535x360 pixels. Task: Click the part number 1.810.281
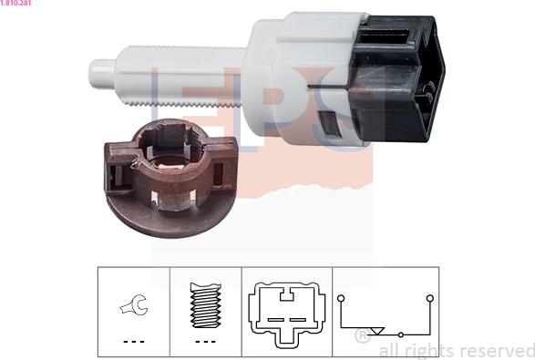pyautogui.click(x=15, y=3)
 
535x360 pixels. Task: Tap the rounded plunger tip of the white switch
pyautogui.click(x=102, y=74)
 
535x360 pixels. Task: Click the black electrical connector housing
pyautogui.click(x=398, y=78)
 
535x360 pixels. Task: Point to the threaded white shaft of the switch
pyautogui.click(x=180, y=75)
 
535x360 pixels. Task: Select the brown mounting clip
pyautogui.click(x=170, y=178)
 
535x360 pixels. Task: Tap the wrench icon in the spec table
pyautogui.click(x=134, y=304)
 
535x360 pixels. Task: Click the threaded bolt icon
pyautogui.click(x=206, y=305)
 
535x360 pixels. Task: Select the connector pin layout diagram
pyautogui.click(x=286, y=314)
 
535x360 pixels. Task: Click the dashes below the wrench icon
pyautogui.click(x=134, y=341)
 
